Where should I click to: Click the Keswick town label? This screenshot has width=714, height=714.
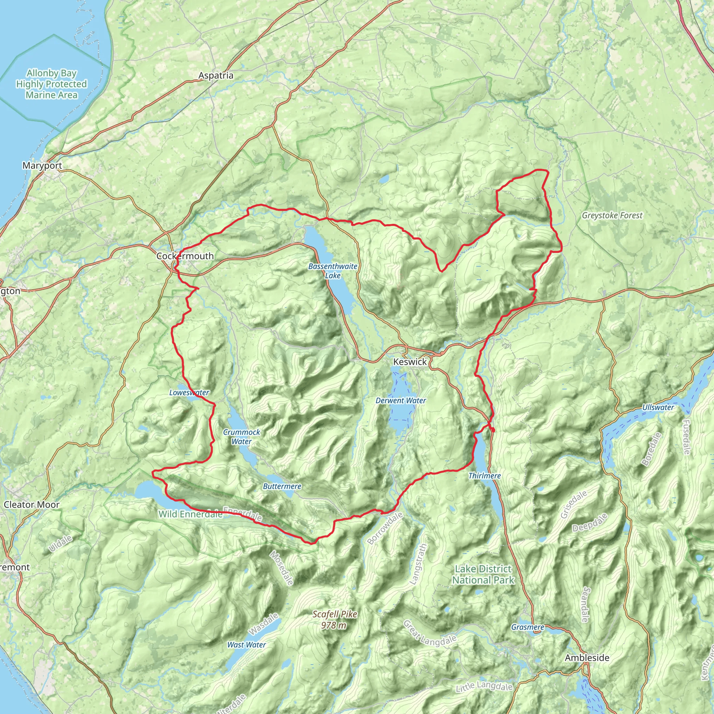point(410,362)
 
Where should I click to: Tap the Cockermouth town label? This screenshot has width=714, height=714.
point(185,256)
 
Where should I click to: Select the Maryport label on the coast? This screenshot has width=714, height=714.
point(42,165)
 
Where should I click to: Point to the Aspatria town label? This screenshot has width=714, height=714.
point(216,75)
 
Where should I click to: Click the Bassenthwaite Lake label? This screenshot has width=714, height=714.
point(333,271)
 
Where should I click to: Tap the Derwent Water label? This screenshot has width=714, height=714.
point(401,400)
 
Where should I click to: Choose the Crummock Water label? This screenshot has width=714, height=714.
point(241,436)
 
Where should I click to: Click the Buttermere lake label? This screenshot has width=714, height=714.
point(282,486)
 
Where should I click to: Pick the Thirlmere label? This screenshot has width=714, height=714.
point(485,476)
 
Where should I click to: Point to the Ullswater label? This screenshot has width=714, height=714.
point(658,407)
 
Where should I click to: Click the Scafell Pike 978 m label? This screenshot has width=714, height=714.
point(334,620)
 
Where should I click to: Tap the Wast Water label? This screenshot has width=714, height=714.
point(246,645)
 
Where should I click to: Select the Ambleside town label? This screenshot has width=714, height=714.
point(587,658)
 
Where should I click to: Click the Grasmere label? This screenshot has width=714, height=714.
point(527,627)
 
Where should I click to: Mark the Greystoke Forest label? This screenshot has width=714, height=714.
point(612,215)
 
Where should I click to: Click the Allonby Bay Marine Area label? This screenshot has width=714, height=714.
point(51,84)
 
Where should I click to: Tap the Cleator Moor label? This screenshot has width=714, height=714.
point(31,504)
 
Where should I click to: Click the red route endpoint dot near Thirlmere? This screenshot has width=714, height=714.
point(493,430)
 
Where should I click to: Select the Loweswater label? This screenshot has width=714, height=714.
point(189,393)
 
